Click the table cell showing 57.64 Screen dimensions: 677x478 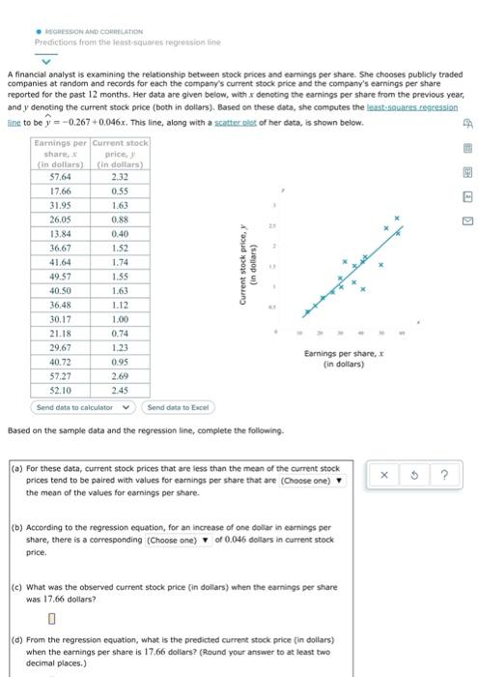[61, 177]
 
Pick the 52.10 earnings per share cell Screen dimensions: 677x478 [61, 388]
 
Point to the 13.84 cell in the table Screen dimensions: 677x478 [61, 233]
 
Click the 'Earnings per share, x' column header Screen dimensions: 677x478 [61, 154]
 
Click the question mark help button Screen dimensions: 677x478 [444, 474]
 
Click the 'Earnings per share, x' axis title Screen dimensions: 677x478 [349, 360]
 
